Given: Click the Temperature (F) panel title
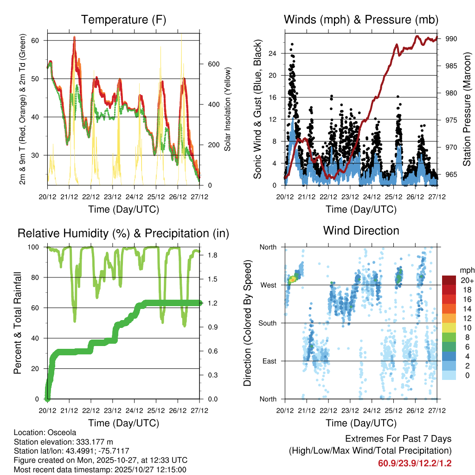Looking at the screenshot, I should coord(123,19).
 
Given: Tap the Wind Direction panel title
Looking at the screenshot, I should coord(361,231).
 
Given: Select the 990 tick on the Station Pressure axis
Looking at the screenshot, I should coord(451,39).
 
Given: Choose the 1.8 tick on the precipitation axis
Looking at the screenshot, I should coord(208,255).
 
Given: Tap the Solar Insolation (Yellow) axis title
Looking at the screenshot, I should coord(228,109).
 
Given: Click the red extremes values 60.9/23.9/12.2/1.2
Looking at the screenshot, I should coord(415,463).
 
